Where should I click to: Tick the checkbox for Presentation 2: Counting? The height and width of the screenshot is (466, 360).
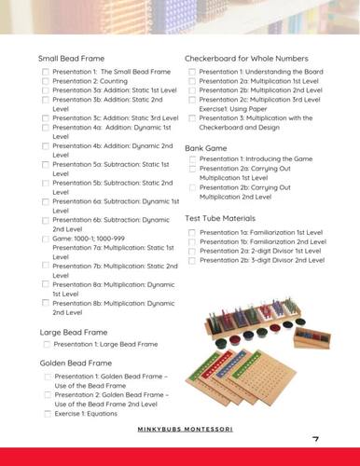46,81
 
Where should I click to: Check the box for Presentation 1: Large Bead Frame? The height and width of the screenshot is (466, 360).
46,345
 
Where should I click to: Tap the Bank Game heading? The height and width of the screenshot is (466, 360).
209,147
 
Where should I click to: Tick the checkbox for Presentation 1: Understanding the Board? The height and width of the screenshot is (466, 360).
192,72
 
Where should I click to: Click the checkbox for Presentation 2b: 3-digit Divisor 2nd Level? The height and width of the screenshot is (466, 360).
192,259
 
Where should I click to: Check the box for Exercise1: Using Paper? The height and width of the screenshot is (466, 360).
192,108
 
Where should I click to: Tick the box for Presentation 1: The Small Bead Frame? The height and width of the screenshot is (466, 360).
46,72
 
